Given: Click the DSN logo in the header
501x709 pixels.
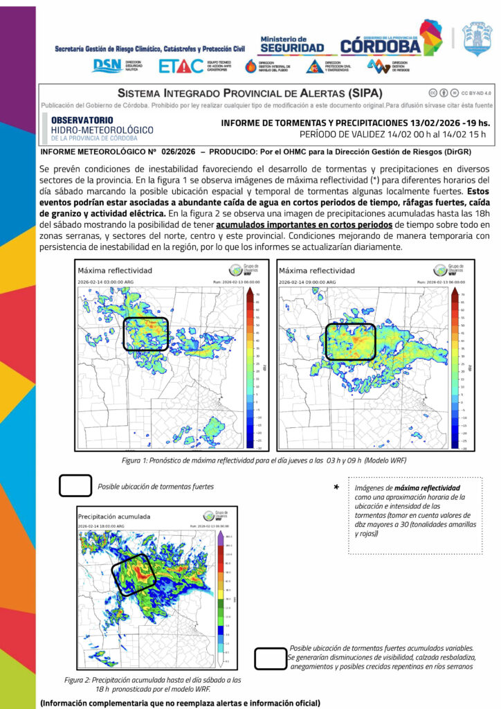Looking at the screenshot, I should tap(107, 65).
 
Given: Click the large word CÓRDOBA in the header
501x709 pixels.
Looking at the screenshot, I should tap(381, 46).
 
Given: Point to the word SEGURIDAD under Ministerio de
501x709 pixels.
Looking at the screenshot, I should tap(291, 47).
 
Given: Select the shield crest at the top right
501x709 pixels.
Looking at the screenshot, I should tap(477, 39).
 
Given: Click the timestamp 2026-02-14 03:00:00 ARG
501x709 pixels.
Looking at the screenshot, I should tap(111, 282).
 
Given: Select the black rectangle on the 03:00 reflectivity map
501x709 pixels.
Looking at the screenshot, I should tap(145, 334).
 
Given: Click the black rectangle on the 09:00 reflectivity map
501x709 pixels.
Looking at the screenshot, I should tap(350, 341).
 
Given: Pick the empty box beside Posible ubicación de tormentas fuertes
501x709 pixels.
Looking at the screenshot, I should tap(75, 485).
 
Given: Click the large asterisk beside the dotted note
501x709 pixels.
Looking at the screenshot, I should tap(336, 488).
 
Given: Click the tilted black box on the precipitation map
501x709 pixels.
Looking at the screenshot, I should tap(136, 574).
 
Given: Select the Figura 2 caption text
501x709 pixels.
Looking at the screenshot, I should tap(158, 685).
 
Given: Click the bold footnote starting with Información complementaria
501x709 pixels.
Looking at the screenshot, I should tap(180, 703).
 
